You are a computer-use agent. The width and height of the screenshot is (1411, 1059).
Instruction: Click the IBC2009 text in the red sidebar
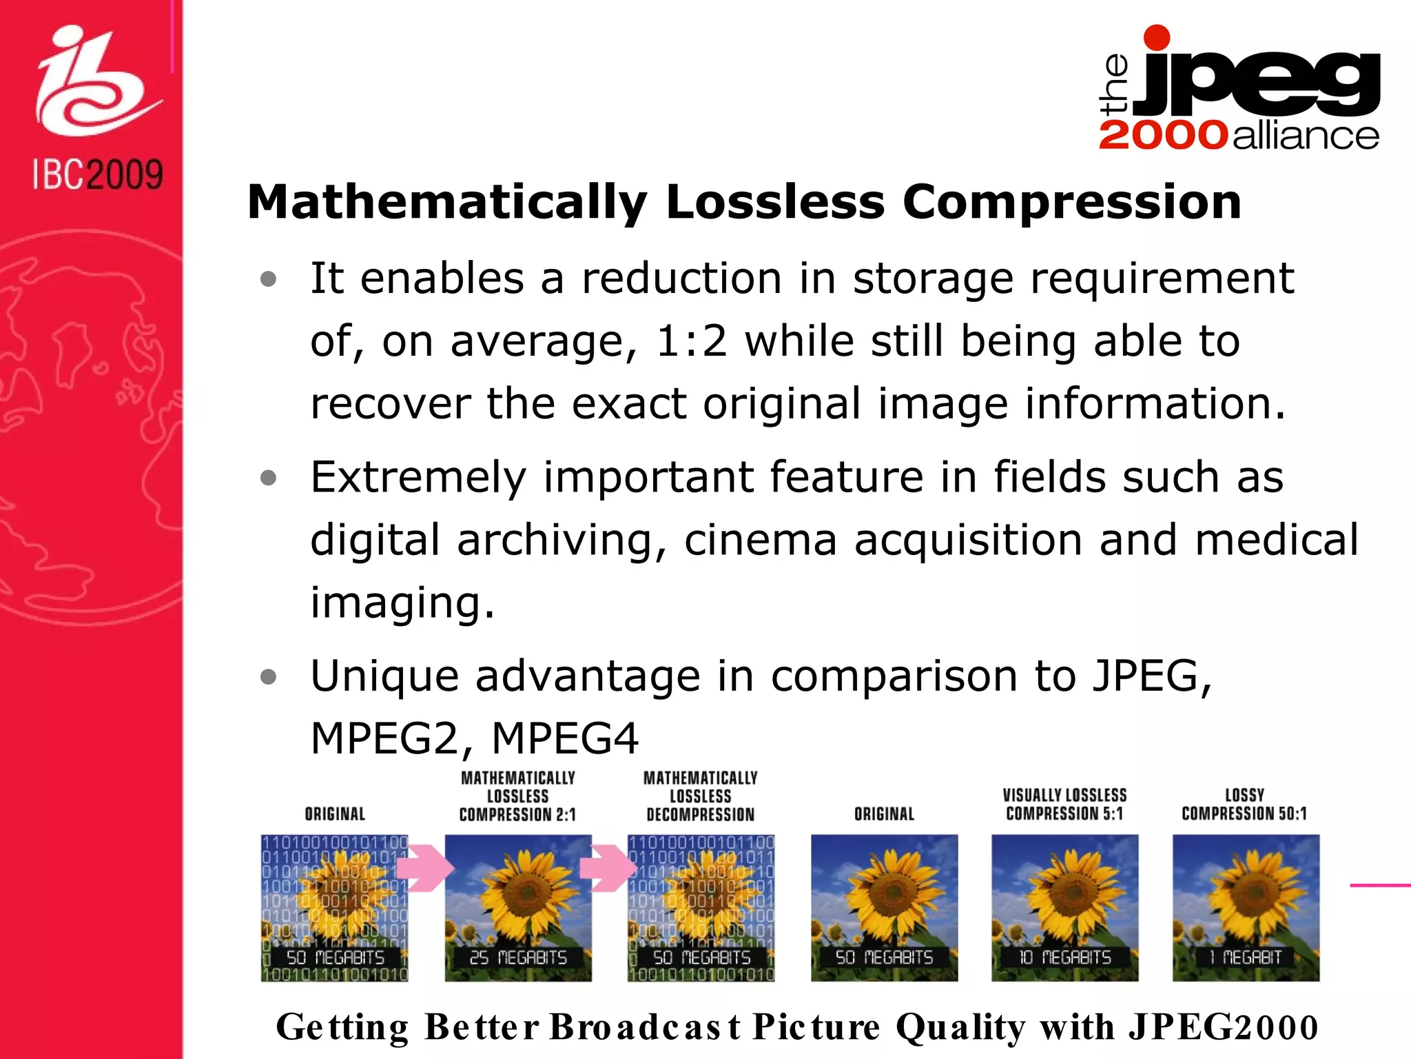(98, 174)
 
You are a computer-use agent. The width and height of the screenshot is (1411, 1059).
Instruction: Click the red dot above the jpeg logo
(1157, 37)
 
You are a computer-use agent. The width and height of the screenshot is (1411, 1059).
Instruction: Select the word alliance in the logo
(1306, 135)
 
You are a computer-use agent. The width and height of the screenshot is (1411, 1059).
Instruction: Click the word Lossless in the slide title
(774, 202)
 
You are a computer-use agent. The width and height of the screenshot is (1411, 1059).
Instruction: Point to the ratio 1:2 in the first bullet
(691, 341)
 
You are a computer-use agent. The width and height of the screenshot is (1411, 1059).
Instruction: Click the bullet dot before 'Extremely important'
(269, 478)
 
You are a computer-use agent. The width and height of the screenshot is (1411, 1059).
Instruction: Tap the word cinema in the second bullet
(760, 540)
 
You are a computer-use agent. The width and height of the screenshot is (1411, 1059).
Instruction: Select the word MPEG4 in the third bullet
(565, 738)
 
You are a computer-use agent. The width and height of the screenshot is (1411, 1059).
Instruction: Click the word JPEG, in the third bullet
(1152, 676)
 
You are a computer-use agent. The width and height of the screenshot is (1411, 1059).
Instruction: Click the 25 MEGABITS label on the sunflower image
(518, 958)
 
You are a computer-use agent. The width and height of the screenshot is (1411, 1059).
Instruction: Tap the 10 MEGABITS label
(1065, 958)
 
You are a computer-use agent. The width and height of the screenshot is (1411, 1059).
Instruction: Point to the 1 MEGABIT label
(1246, 958)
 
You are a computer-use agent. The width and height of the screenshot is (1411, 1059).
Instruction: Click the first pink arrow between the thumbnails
(424, 867)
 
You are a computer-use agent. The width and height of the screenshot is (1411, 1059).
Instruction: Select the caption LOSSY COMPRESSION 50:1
(1244, 805)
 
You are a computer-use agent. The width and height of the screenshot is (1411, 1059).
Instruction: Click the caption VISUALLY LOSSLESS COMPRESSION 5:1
(1064, 805)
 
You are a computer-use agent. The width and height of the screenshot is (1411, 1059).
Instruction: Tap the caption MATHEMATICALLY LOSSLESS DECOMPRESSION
(701, 796)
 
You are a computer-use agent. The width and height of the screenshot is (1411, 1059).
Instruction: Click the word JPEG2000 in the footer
(1223, 1027)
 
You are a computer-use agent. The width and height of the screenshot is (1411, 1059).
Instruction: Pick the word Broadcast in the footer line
(645, 1027)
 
